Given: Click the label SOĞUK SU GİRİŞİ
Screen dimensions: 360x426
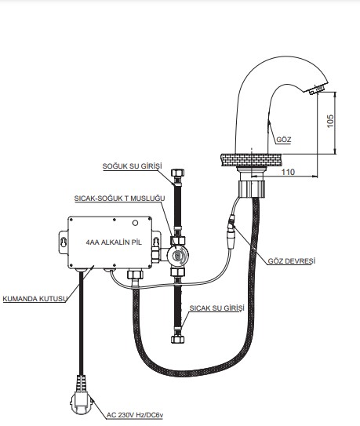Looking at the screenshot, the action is point(132,166).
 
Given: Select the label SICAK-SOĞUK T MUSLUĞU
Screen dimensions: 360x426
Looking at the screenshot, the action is point(119,198).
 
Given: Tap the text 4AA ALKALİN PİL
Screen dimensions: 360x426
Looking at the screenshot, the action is point(114,242).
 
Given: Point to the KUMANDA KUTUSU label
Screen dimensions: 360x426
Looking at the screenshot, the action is point(35,299).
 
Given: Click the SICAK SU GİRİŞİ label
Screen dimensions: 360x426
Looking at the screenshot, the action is point(216,308).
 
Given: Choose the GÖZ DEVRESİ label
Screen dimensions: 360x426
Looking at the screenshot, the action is point(292,261).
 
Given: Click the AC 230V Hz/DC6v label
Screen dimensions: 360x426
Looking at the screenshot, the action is point(135,415).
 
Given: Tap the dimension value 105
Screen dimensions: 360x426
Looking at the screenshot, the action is point(330,121).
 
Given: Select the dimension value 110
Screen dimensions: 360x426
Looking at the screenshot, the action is point(288,172).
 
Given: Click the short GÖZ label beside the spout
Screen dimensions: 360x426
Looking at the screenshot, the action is point(284,140).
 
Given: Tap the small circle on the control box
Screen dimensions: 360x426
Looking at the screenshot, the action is point(135,223).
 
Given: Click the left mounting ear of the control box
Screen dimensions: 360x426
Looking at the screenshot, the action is point(64,242).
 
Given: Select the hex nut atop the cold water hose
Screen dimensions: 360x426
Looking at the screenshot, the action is point(178,173).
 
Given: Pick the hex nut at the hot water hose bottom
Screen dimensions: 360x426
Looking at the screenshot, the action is point(178,340).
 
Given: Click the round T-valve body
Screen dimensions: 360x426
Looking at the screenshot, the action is point(178,256).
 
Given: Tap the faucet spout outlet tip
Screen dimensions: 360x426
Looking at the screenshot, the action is point(316,90).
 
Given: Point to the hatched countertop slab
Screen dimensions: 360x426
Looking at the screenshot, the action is point(251,160).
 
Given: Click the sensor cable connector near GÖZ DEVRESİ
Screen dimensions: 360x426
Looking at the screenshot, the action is point(231,231).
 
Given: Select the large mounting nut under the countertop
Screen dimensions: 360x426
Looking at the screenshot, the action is point(252,189).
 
